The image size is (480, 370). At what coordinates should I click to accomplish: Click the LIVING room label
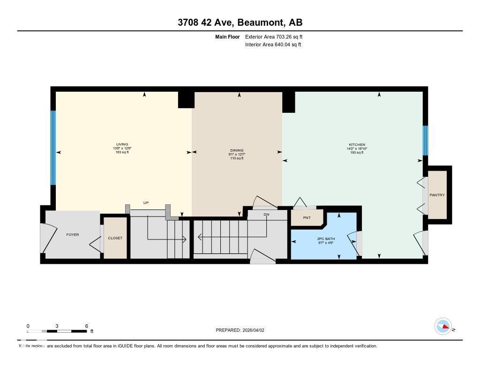pyautogui.click(x=122, y=145)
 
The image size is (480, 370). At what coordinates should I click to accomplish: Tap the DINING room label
pyautogui.click(x=236, y=151)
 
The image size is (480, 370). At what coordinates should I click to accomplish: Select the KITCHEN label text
pyautogui.click(x=357, y=145)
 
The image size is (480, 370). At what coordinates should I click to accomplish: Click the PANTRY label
pyautogui.click(x=437, y=195)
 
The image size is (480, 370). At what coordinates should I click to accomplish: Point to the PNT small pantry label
pyautogui.click(x=307, y=218)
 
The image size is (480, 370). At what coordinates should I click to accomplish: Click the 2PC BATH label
pyautogui.click(x=323, y=239)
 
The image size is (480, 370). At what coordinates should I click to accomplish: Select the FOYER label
pyautogui.click(x=72, y=234)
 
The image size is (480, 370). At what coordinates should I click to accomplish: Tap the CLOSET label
pyautogui.click(x=115, y=238)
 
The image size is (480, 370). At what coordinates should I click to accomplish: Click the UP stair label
pyautogui.click(x=146, y=203)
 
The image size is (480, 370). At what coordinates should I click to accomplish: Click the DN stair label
pyautogui.click(x=266, y=215)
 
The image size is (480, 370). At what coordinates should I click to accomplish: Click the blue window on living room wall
pyautogui.click(x=53, y=148)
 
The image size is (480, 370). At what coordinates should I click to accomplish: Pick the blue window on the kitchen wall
pyautogui.click(x=425, y=140)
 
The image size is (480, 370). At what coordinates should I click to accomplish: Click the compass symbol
pyautogui.click(x=443, y=326)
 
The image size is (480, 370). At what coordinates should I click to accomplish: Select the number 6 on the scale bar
pyautogui.click(x=87, y=326)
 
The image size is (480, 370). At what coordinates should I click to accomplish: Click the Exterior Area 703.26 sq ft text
pyautogui.click(x=276, y=36)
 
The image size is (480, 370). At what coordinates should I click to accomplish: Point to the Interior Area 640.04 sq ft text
pyautogui.click(x=273, y=45)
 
